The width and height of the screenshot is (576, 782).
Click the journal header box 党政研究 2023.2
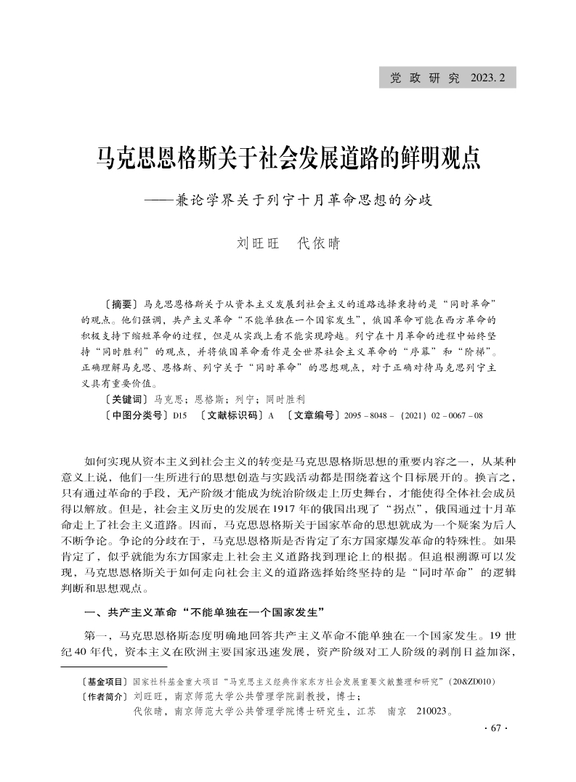pyautogui.click(x=447, y=77)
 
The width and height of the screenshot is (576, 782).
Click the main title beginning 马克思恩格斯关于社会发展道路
pyautogui.click(x=288, y=157)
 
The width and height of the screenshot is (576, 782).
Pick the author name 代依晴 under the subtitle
pyautogui.click(x=319, y=243)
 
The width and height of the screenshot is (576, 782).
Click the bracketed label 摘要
pyautogui.click(x=120, y=301)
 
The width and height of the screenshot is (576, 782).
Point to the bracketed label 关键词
pyautogui.click(x=124, y=399)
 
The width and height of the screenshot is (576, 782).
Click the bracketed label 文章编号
pyautogui.click(x=314, y=415)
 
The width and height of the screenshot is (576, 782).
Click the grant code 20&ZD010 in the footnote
pyautogui.click(x=473, y=683)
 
